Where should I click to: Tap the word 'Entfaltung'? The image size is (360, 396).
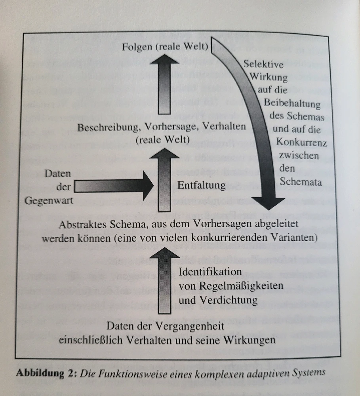[x=202, y=185]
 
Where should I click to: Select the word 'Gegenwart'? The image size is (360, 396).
[x=49, y=200]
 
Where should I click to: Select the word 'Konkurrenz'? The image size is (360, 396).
[x=302, y=142]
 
